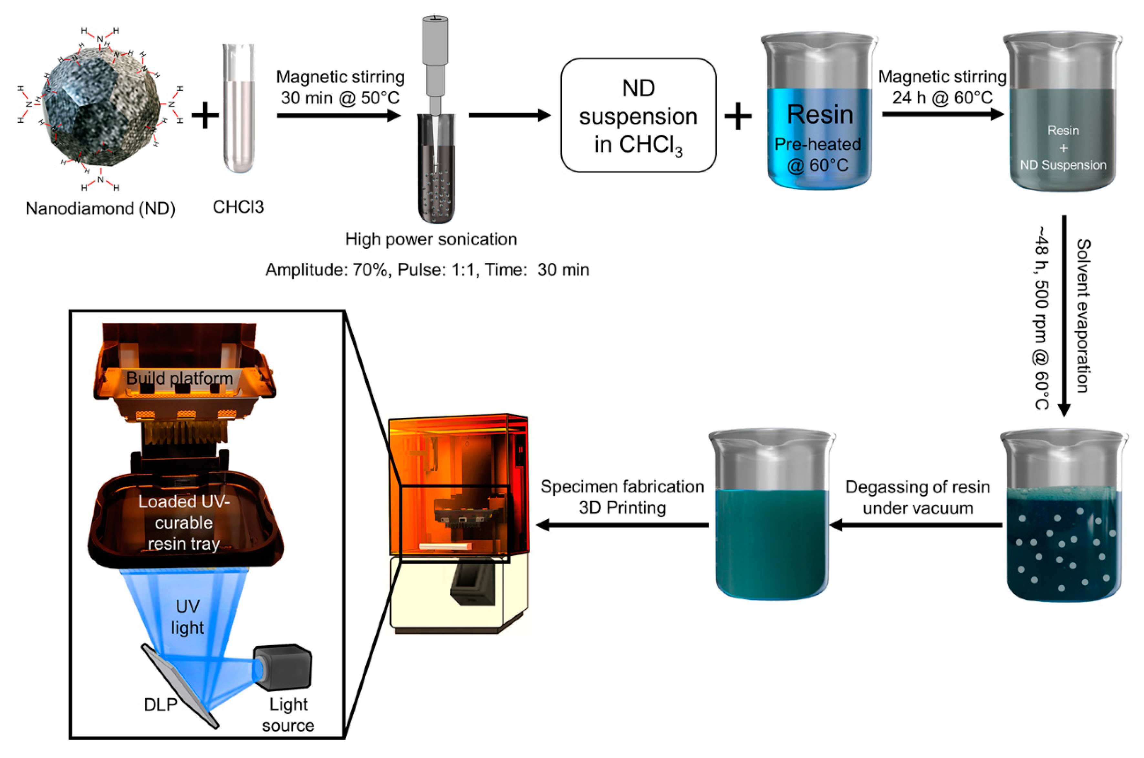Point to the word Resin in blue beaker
(820, 115)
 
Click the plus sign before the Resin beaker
(738, 117)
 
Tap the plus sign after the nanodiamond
(205, 116)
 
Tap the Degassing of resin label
(917, 487)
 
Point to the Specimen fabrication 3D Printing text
(622, 497)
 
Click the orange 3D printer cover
(459, 464)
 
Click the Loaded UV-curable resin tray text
(184, 523)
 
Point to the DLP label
(161, 705)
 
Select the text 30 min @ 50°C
(340, 98)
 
